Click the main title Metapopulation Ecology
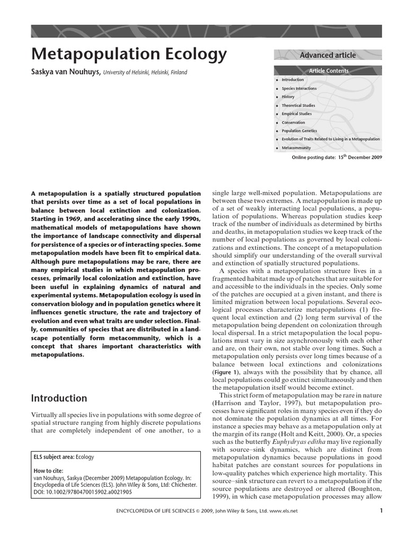point(129,55)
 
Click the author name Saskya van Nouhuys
point(66,72)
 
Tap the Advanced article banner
point(328,55)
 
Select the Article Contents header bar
point(329,71)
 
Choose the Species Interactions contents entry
point(299,89)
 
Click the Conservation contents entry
point(293,122)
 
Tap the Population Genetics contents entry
point(299,131)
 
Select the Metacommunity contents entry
point(296,148)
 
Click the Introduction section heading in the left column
point(59,398)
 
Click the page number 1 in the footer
point(381,511)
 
